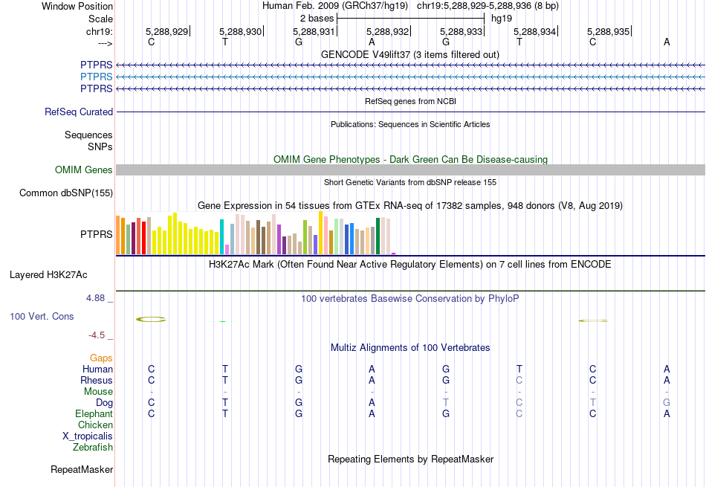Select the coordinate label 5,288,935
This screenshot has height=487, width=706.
(608, 31)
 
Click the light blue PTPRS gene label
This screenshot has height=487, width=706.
(97, 77)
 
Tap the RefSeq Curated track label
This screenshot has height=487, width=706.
(79, 112)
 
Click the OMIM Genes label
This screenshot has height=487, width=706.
(84, 170)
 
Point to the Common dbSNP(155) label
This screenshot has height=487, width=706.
(66, 193)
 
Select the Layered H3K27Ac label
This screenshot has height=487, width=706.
(48, 275)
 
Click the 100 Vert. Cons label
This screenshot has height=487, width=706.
(42, 317)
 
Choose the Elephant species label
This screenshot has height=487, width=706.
(94, 414)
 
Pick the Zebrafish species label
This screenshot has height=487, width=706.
(93, 448)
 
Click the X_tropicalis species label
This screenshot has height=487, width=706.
(88, 436)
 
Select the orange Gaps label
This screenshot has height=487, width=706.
(101, 358)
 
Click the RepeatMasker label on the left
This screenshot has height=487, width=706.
(82, 470)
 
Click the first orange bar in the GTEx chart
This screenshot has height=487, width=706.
(118, 234)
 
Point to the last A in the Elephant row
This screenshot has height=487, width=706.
(667, 414)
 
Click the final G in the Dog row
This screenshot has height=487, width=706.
(667, 403)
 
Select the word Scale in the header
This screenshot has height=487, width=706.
(100, 19)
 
